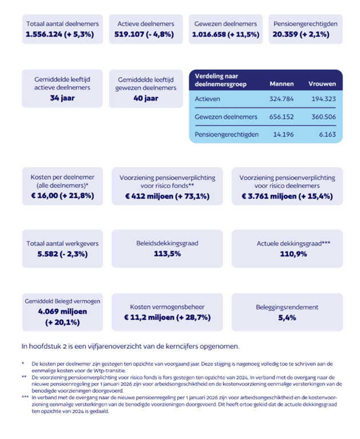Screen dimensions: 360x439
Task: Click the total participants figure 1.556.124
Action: [43, 34]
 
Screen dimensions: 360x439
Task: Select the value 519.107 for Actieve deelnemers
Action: [129, 34]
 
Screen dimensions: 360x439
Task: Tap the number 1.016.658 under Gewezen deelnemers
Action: [209, 34]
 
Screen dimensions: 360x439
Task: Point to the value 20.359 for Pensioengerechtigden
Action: [285, 34]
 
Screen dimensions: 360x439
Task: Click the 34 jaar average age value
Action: [62, 98]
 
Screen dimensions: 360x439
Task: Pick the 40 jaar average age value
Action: [146, 98]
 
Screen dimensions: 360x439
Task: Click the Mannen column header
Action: [282, 84]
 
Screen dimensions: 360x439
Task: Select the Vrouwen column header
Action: [322, 84]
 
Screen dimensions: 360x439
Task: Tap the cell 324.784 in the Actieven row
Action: [281, 99]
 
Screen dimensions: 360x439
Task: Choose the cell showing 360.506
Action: [323, 117]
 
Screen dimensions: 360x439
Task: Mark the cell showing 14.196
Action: [283, 134]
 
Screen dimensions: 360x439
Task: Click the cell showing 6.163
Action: [327, 134]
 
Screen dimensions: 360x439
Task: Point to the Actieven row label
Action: [207, 99]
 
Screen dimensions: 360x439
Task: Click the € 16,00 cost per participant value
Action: [45, 195]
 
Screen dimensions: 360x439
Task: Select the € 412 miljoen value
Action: [149, 196]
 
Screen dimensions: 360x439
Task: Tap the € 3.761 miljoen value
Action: [269, 196]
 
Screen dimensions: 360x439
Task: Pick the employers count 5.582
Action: [47, 254]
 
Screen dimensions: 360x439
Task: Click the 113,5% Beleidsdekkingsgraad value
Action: [167, 253]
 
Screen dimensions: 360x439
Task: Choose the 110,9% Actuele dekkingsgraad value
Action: [293, 254]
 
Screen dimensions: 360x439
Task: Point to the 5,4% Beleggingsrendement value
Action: [287, 317]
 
